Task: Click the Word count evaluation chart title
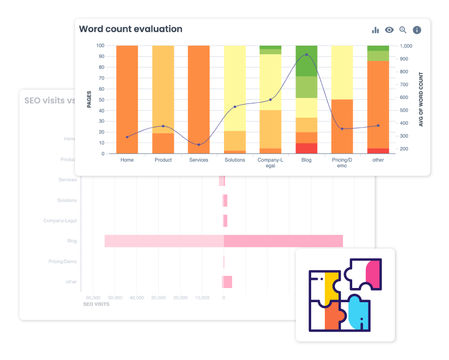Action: point(131,29)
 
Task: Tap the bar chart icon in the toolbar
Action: point(376,30)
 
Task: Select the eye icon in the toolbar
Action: point(389,30)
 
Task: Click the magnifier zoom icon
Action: point(403,30)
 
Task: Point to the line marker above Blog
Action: point(306,55)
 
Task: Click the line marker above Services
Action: point(199,145)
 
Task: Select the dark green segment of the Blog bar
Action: point(306,62)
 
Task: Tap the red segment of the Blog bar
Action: point(306,148)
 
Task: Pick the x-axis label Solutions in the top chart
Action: point(235,160)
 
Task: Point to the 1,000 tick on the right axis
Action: point(406,46)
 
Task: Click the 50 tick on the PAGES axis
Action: point(101,100)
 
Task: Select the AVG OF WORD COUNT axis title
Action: point(421,99)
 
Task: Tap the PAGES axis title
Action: point(89,99)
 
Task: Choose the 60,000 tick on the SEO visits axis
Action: point(93,298)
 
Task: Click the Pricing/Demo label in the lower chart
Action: point(63,262)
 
